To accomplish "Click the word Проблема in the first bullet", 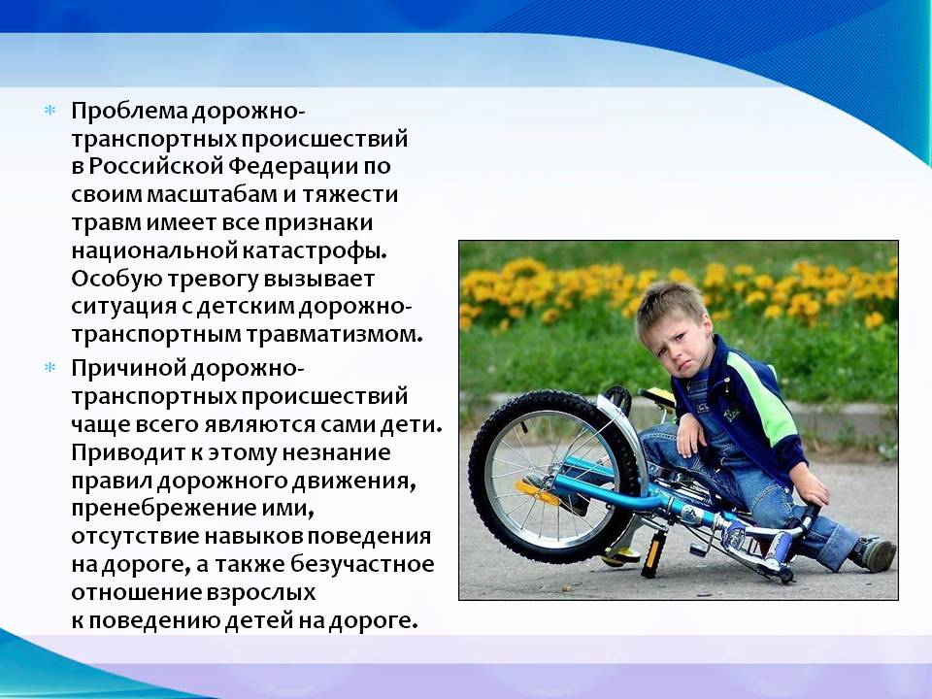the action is point(129,112).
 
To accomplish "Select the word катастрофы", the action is point(315,250).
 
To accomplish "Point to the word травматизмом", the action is point(335,335).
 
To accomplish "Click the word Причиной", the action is point(128,369).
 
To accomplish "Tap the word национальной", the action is point(154,250).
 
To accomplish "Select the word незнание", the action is point(337,453).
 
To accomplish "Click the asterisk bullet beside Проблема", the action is point(50,110).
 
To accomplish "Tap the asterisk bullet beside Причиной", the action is point(50,367).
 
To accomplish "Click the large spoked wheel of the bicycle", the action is point(555,478).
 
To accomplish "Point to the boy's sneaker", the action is point(874,554).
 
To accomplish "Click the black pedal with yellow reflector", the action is point(652,554).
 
